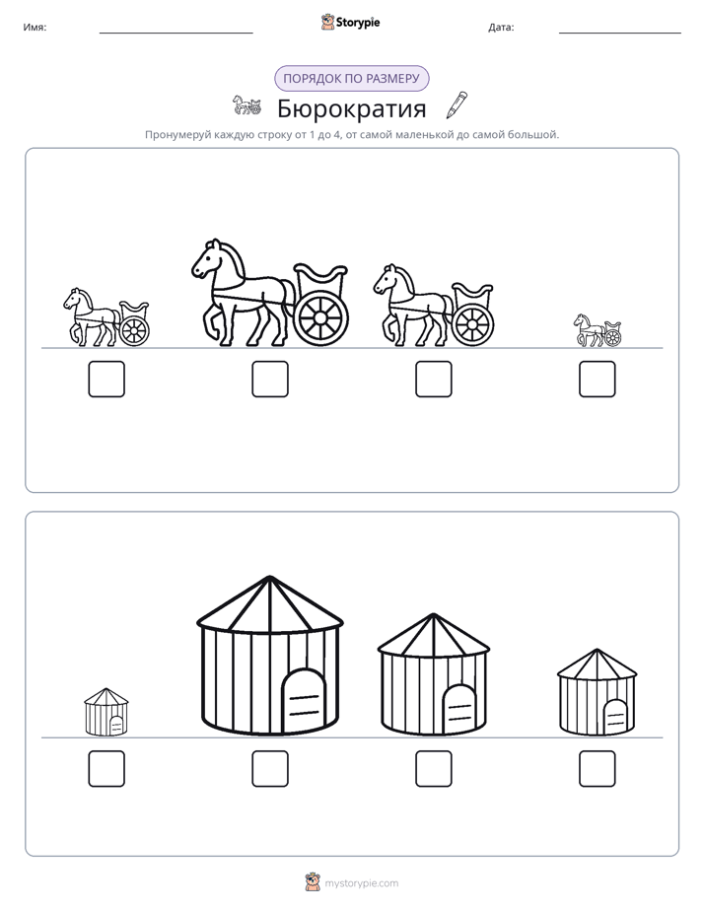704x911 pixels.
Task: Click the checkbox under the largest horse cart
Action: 270,379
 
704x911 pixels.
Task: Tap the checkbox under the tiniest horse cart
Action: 598,379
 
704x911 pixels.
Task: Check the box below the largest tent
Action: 270,769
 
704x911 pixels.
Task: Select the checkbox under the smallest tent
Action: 106,769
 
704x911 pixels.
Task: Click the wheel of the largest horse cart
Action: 321,318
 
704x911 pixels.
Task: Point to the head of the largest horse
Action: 207,259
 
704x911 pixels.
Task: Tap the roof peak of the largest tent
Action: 269,577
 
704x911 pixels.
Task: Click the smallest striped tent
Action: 106,712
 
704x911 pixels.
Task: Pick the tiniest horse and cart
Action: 598,330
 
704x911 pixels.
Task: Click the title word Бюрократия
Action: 351,108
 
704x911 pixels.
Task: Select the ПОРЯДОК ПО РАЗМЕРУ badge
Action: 351,79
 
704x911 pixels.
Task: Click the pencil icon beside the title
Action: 457,105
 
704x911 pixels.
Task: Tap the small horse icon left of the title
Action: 246,105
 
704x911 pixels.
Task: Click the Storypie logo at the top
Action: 350,22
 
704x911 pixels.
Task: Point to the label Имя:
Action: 35,27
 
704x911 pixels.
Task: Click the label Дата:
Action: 501,27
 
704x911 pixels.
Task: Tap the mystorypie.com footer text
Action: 361,883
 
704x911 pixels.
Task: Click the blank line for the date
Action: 620,34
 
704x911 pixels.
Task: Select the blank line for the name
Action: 176,34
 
